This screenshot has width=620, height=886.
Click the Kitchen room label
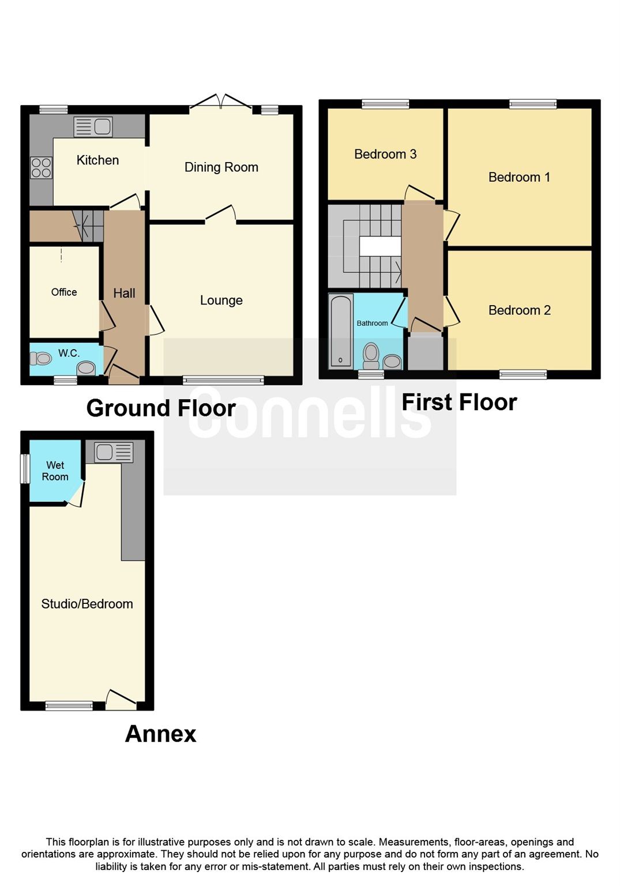[x=97, y=160]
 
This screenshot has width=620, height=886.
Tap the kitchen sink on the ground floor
[x=93, y=126]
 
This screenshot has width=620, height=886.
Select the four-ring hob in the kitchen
[x=41, y=168]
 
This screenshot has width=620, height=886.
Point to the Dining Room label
[x=221, y=167]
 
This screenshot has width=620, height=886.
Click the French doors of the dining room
[x=221, y=102]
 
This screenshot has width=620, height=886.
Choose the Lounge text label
[x=221, y=301]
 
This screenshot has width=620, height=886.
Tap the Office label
[x=63, y=292]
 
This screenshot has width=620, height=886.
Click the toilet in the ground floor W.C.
[x=40, y=359]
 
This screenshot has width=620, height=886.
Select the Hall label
[x=124, y=293]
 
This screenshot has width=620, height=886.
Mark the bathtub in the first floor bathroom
[x=341, y=331]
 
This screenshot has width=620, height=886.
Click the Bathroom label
[x=372, y=323]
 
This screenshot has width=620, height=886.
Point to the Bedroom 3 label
[x=385, y=154]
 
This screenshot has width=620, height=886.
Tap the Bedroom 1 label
[x=519, y=177]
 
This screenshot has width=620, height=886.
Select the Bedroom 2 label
[x=519, y=310]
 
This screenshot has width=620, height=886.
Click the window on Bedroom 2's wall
[x=523, y=375]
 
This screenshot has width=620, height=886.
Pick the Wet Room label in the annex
[x=55, y=471]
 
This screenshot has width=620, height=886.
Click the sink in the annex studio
[x=114, y=452]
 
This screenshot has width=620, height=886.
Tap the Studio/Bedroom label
[x=87, y=604]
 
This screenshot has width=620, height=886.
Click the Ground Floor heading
[x=161, y=408]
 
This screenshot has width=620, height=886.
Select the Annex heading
[x=160, y=734]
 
